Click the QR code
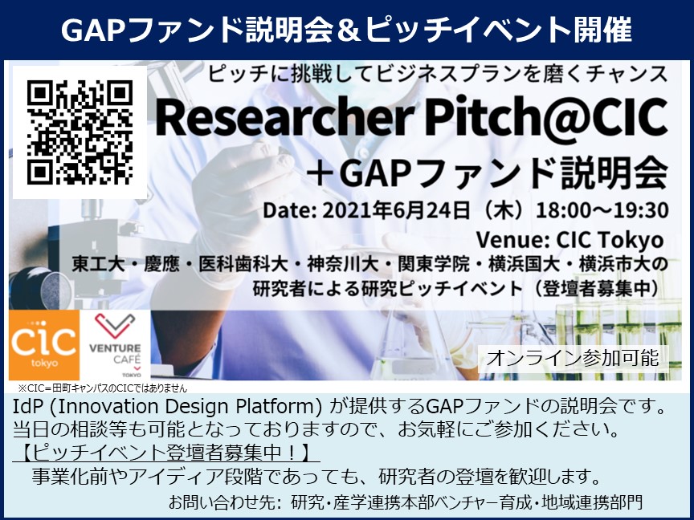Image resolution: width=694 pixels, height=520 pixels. coord(80,132)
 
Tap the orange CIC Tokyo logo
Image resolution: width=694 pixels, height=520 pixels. coord(44,345)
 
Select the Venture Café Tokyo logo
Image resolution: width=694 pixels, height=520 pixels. coord(116,345)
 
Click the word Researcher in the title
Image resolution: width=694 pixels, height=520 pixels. coord(284,118)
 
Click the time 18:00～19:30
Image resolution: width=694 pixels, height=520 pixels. coord(602,210)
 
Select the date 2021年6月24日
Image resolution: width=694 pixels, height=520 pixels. coord(396,210)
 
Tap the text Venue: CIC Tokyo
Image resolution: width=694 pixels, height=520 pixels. coord(569,240)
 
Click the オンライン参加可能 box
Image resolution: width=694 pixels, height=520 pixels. coord(574,358)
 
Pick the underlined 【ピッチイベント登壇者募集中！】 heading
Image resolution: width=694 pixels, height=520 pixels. coord(165,452)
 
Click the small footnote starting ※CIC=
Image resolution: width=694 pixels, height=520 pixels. coord(102,388)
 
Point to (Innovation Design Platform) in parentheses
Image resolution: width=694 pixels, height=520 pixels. coord(186,407)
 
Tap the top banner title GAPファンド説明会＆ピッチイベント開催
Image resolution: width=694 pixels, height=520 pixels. coord(346,30)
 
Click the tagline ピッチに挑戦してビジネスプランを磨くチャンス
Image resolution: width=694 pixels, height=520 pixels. coord(438,74)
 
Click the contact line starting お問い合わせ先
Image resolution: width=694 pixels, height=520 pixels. coord(405,502)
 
